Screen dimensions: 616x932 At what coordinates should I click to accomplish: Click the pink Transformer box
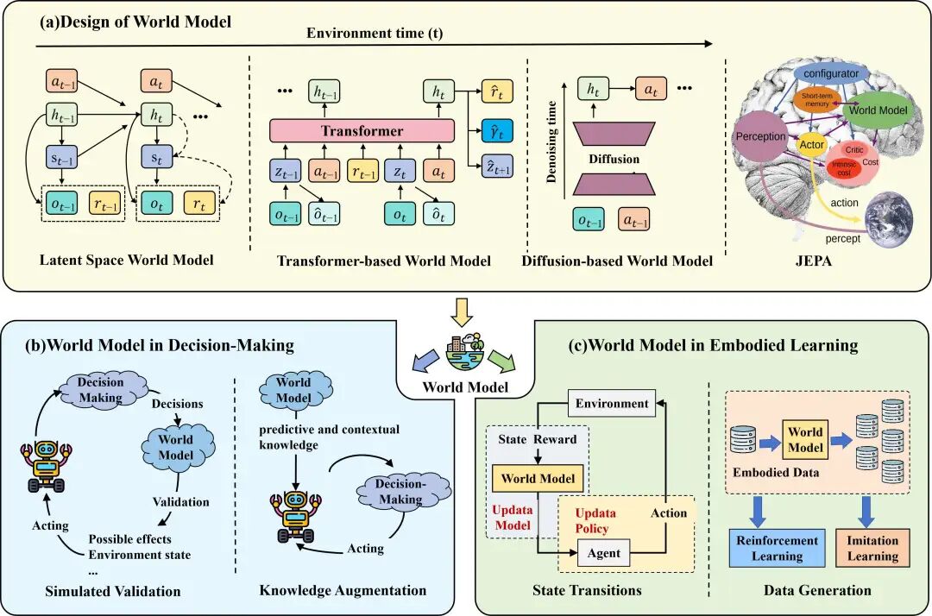(362, 131)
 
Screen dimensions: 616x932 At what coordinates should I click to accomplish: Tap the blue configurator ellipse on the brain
(831, 73)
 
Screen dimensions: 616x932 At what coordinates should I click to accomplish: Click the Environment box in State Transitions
(613, 403)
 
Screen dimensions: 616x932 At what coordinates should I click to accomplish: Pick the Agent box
(603, 552)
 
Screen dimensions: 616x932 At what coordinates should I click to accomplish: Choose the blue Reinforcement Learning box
(777, 548)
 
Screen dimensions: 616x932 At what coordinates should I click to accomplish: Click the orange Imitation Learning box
(872, 548)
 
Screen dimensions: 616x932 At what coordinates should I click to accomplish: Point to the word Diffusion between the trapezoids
(614, 160)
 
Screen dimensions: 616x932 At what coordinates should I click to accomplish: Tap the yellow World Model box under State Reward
(538, 478)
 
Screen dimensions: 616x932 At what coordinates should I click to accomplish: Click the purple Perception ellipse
(761, 136)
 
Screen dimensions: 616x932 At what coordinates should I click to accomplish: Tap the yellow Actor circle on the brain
(811, 144)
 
